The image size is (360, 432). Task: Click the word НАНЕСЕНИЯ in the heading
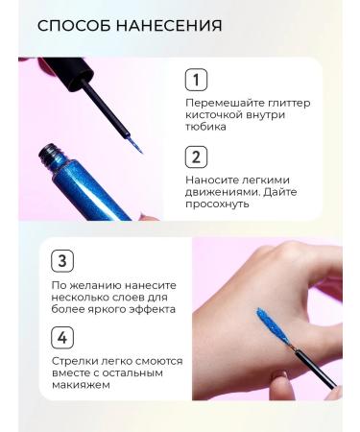click(x=169, y=25)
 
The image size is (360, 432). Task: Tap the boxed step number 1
click(x=196, y=80)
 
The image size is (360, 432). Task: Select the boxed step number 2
click(x=196, y=157)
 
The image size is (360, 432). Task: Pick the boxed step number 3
click(x=62, y=261)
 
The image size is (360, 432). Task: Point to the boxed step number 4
click(x=62, y=338)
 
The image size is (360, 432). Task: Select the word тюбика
click(x=205, y=127)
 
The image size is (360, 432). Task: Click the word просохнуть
click(x=217, y=204)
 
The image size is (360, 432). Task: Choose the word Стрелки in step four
click(x=75, y=361)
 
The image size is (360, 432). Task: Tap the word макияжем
click(x=81, y=385)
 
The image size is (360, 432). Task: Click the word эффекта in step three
click(x=153, y=309)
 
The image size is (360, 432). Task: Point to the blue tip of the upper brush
click(x=135, y=145)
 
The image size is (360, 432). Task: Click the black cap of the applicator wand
click(x=70, y=71)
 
